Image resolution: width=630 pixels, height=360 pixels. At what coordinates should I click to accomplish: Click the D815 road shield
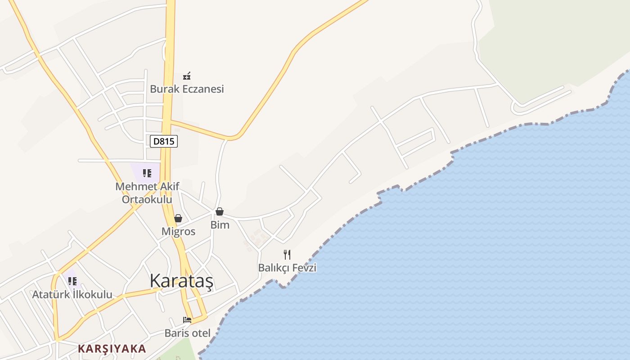(164, 141)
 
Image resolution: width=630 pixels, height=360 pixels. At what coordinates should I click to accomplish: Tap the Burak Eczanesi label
(187, 89)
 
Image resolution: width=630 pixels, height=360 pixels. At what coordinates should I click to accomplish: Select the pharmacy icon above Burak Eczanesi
(187, 76)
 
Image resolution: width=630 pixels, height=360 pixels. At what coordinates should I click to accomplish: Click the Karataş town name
(181, 280)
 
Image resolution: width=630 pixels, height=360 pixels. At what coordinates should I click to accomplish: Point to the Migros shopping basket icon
(178, 218)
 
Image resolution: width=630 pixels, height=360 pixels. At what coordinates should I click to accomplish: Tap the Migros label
(179, 231)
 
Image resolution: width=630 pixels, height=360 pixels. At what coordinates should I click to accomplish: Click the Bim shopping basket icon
(220, 211)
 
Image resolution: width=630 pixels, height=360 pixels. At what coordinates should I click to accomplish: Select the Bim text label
(220, 225)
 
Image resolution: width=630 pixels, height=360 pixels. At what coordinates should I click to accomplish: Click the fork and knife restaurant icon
(287, 255)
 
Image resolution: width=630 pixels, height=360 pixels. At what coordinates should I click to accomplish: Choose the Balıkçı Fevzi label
(287, 268)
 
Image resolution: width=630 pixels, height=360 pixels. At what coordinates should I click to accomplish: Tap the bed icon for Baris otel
(187, 320)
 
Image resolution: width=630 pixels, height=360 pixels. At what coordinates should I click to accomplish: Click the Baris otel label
(188, 333)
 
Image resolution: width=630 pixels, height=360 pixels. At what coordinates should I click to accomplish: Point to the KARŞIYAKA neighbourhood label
(112, 349)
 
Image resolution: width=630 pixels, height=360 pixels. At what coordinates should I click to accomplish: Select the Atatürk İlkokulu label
(72, 295)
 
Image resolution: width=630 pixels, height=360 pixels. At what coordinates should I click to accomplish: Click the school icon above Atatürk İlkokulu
(72, 281)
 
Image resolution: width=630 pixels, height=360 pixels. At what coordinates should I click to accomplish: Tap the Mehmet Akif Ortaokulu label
(147, 193)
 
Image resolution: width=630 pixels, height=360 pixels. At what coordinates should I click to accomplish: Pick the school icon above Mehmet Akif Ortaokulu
(147, 173)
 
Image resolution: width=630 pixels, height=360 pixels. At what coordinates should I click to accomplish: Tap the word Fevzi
(304, 268)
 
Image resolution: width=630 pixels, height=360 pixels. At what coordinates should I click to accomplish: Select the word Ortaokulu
(147, 199)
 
